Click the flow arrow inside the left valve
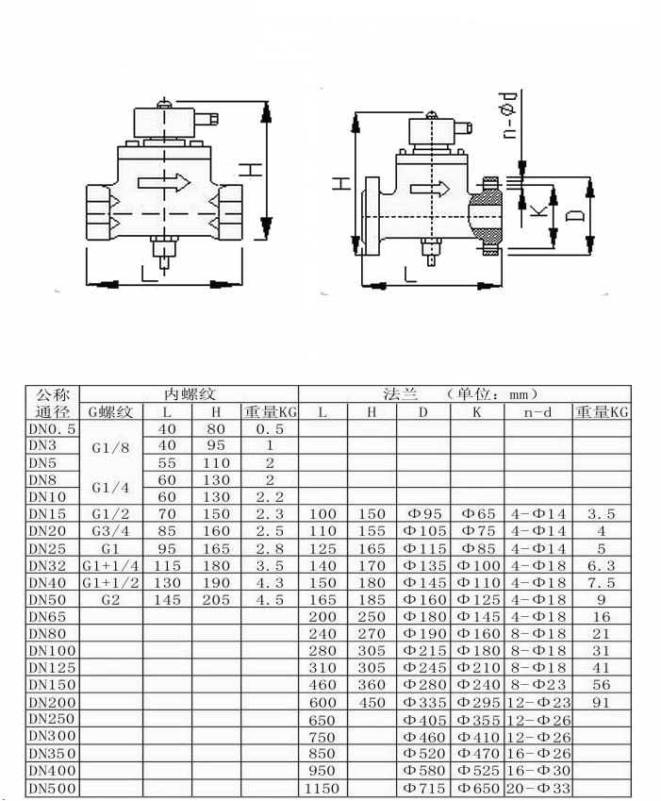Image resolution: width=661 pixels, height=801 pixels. click(x=164, y=182)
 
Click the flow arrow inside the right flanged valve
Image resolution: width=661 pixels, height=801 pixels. click(x=430, y=189)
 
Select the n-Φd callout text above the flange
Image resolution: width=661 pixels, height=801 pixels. click(x=509, y=116)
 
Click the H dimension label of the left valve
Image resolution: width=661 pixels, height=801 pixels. click(x=251, y=170)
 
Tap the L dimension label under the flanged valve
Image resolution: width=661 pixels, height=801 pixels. click(x=410, y=275)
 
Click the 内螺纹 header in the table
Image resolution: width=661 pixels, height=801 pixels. click(x=190, y=393)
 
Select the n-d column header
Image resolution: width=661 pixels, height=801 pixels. click(x=538, y=411)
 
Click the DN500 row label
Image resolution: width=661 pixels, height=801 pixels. click(x=52, y=788)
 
